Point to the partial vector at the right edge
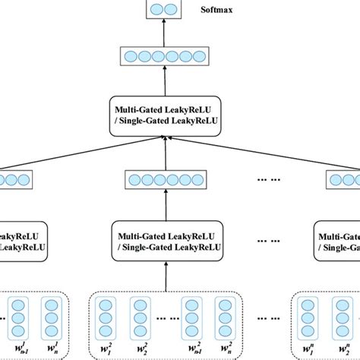coord(343,181)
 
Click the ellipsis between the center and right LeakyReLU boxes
coord(266,242)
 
